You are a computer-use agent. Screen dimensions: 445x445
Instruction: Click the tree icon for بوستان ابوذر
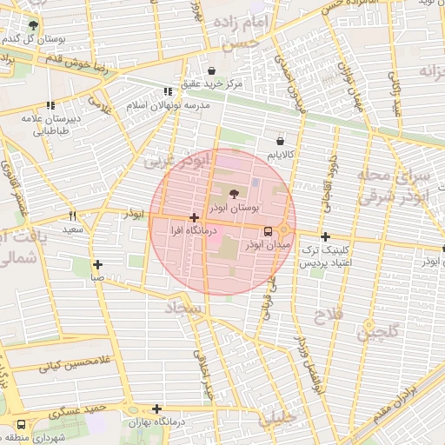pyautogui.click(x=233, y=194)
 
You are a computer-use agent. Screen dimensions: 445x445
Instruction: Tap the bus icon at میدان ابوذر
pyautogui.click(x=267, y=232)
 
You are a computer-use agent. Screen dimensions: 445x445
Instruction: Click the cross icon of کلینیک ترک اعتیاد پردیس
pyautogui.click(x=325, y=236)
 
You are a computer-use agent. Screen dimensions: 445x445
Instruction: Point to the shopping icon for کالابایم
pyautogui.click(x=280, y=140)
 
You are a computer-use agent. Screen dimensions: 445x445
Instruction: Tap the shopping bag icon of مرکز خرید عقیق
pyautogui.click(x=212, y=70)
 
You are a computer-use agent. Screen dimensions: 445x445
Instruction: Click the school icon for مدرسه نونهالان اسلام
pyautogui.click(x=168, y=91)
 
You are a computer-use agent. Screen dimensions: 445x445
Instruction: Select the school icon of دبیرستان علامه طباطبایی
pyautogui.click(x=49, y=106)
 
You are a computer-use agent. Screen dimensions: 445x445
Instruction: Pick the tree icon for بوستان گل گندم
pyautogui.click(x=33, y=26)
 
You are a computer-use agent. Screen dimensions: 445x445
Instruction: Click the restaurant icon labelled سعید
pyautogui.click(x=72, y=216)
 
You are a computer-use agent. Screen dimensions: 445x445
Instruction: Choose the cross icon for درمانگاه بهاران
pyautogui.click(x=156, y=408)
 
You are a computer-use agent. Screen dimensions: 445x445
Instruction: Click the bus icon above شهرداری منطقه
pyautogui.click(x=20, y=425)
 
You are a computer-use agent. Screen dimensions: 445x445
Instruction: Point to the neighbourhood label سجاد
pyautogui.click(x=185, y=309)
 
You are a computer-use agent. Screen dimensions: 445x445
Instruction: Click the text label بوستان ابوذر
pyautogui.click(x=235, y=210)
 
